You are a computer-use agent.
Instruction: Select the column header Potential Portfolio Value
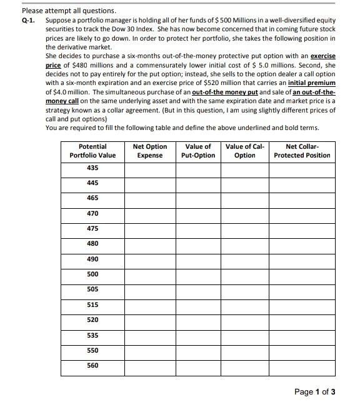92,151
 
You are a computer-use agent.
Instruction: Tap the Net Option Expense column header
150,151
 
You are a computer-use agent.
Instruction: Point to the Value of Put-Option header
198,151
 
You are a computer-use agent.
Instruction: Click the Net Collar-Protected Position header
302,151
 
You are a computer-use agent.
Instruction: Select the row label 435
92,168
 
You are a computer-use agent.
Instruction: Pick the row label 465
92,198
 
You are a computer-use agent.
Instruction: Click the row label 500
92,273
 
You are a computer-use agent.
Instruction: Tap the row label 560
92,364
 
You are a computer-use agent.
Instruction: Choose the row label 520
92,319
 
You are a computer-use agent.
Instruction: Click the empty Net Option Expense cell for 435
150,168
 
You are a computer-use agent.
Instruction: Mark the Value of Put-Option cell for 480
198,243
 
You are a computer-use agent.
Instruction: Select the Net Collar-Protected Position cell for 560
302,364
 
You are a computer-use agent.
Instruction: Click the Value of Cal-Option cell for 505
244,289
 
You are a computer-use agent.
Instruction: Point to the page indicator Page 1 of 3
315,392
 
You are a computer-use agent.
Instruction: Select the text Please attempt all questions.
60,11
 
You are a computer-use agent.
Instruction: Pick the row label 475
92,228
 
